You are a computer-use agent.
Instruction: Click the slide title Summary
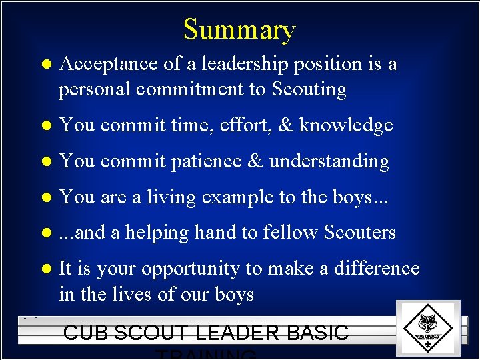point(239,30)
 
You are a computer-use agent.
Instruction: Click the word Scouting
point(309,89)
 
